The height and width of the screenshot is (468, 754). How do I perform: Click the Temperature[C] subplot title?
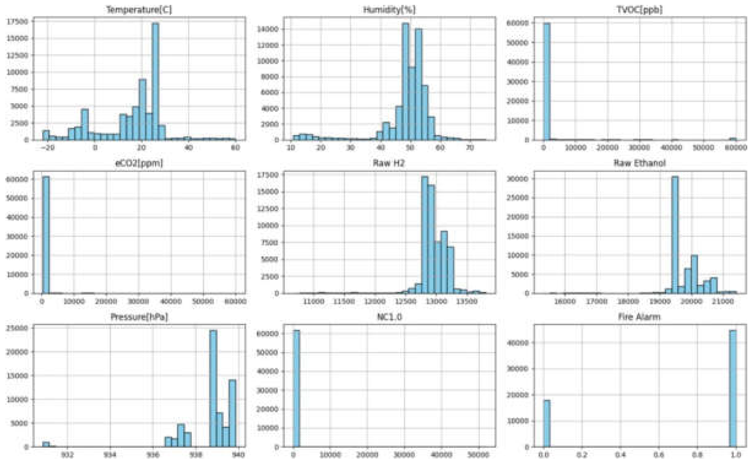(x=139, y=10)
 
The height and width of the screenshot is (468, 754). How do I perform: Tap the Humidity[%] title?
(x=389, y=10)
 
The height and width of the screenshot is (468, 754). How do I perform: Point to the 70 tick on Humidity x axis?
(x=470, y=147)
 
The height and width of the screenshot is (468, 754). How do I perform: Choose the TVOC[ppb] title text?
(x=639, y=10)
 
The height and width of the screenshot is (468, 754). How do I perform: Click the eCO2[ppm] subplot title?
(x=139, y=163)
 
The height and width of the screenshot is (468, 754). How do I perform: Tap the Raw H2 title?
(x=389, y=163)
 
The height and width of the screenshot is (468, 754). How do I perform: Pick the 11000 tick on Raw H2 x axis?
(x=314, y=301)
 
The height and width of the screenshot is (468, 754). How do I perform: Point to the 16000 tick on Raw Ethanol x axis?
(x=565, y=301)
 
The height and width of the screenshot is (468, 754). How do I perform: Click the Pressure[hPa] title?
(x=139, y=317)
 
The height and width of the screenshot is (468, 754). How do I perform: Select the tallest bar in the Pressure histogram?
(x=213, y=388)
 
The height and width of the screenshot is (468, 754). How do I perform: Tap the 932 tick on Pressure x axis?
(x=67, y=455)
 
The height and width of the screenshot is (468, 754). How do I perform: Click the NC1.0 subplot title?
(x=389, y=317)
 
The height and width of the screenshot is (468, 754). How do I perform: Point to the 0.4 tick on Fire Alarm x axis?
(x=620, y=455)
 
